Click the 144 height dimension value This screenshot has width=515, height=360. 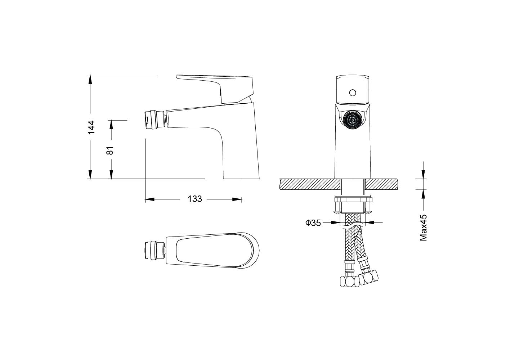[x=91, y=127]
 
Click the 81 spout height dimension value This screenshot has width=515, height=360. [x=110, y=150]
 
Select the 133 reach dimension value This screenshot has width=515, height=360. [x=195, y=199]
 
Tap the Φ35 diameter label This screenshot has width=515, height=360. [x=313, y=222]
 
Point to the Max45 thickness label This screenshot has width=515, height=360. [x=423, y=228]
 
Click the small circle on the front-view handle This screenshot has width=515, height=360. [x=353, y=93]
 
